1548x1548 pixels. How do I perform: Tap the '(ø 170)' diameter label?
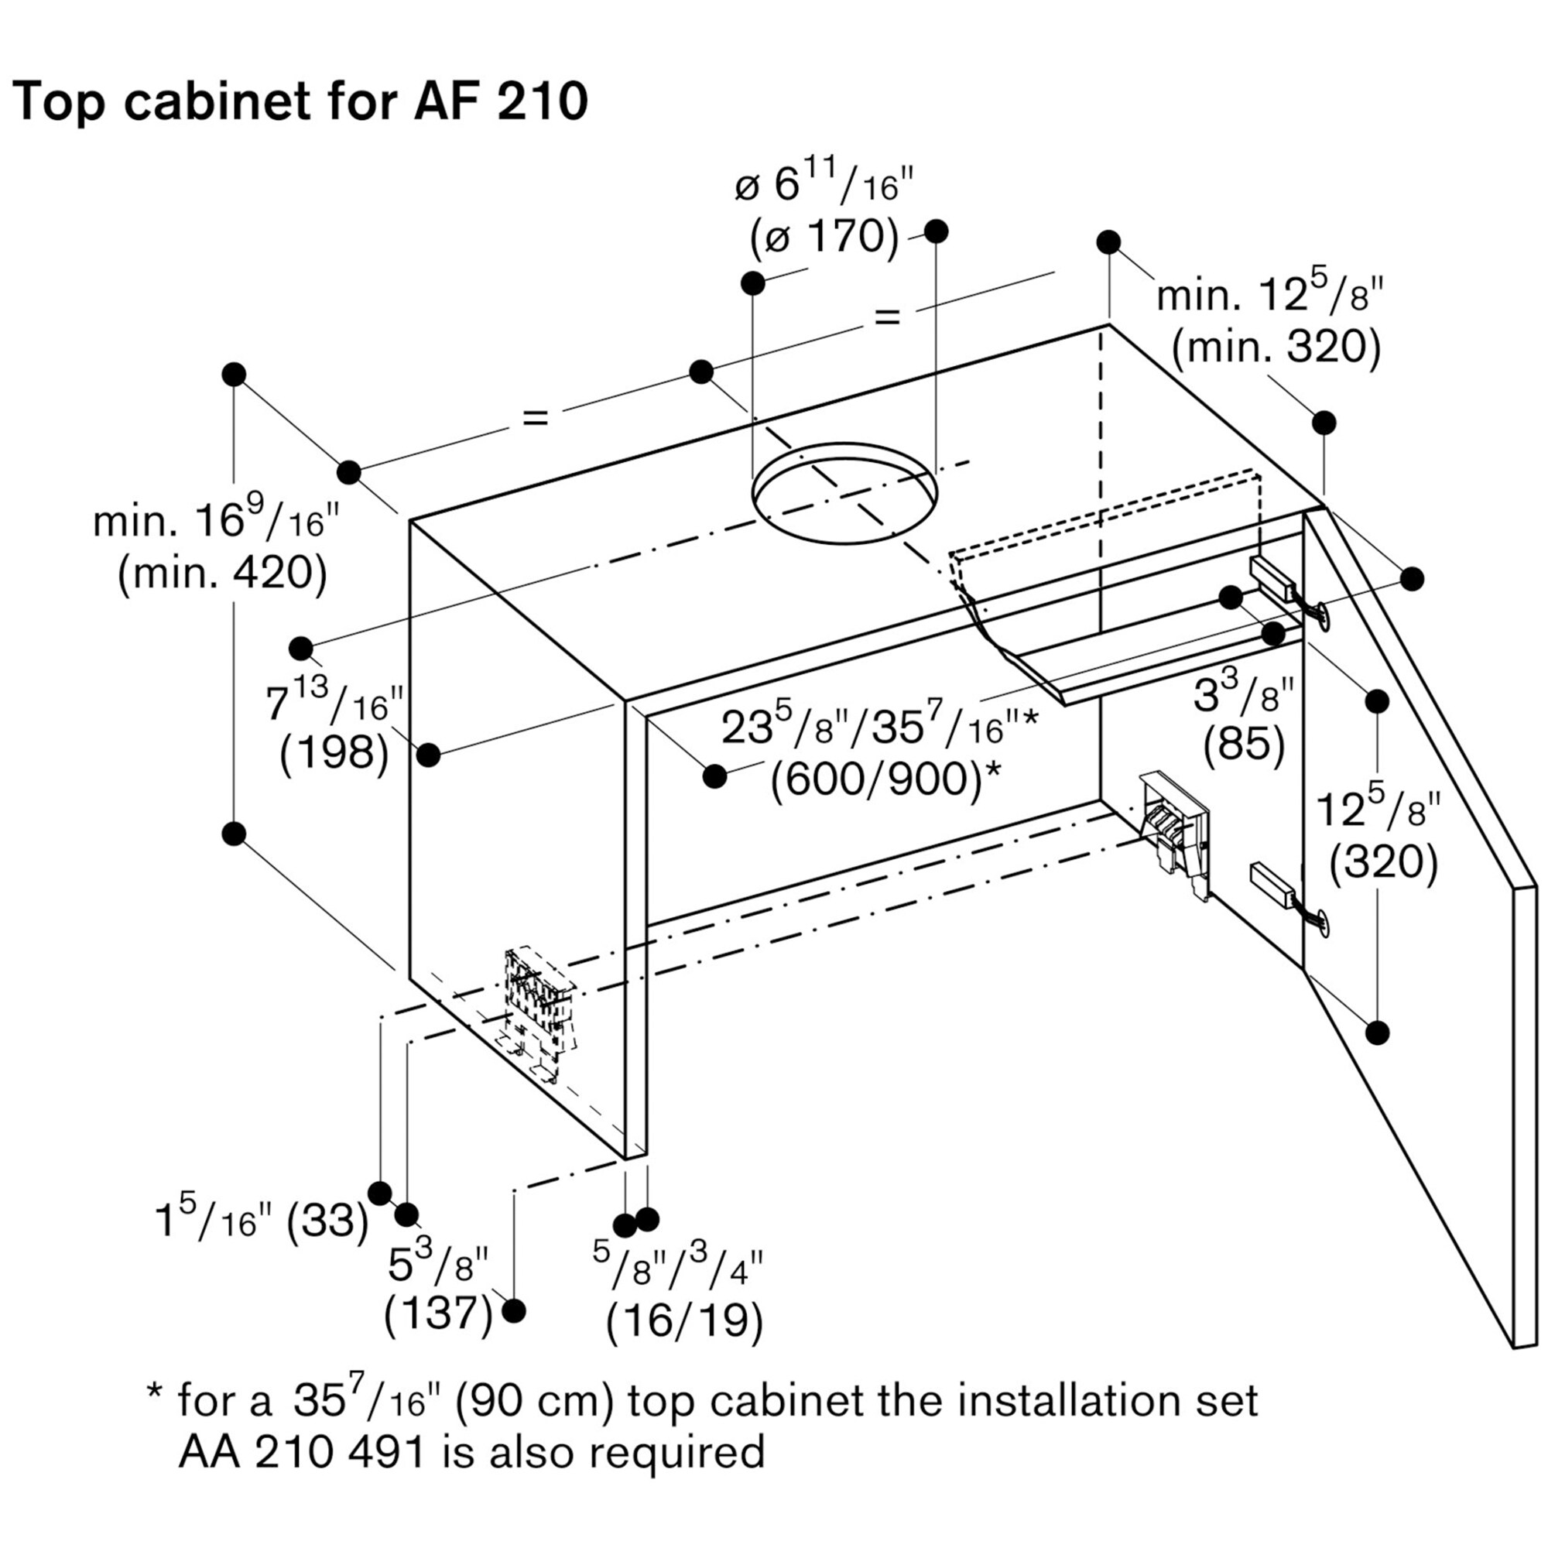click(824, 236)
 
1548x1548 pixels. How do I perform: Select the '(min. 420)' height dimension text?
click(222, 574)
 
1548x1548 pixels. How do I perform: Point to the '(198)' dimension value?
click(334, 753)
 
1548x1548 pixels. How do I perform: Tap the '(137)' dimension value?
click(438, 1313)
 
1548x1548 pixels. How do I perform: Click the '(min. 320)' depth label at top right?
click(1276, 347)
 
